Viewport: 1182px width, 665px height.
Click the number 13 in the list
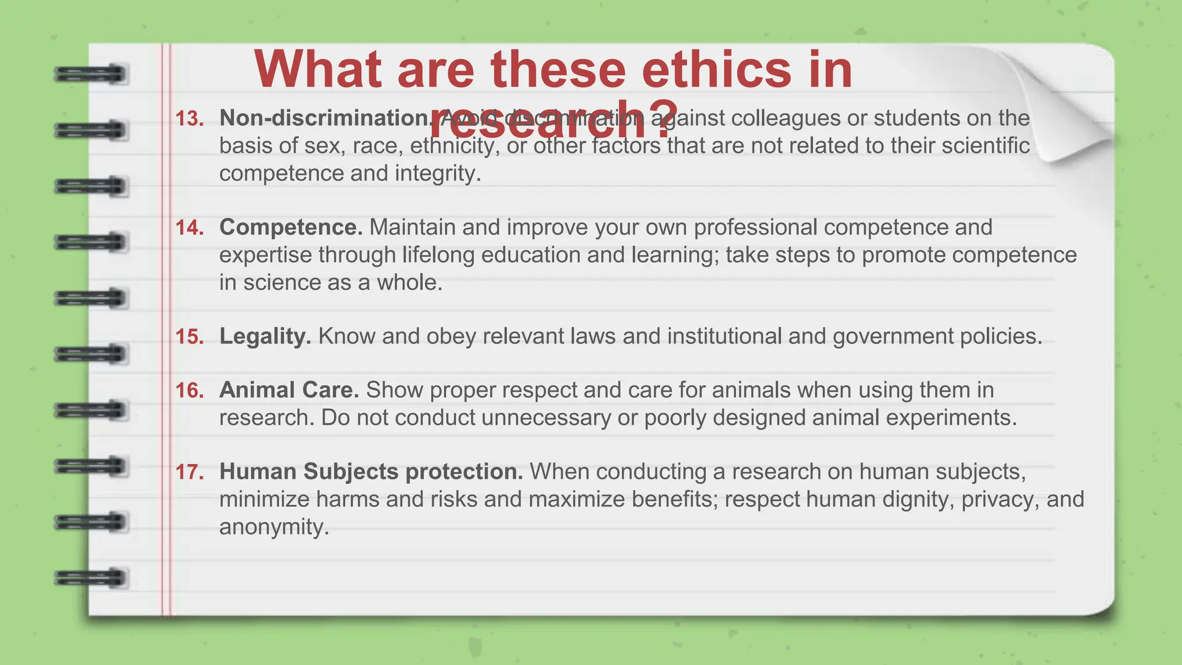pyautogui.click(x=189, y=119)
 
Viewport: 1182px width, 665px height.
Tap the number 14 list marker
pyautogui.click(x=189, y=228)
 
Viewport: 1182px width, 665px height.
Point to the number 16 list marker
pyautogui.click(x=189, y=391)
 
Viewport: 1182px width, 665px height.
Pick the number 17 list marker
pyautogui.click(x=189, y=472)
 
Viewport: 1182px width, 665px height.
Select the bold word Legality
pyautogui.click(x=265, y=337)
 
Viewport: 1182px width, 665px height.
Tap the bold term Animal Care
pyautogui.click(x=289, y=390)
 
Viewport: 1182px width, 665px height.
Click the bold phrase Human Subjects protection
pyautogui.click(x=371, y=472)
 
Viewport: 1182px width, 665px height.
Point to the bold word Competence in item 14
pyautogui.click(x=291, y=227)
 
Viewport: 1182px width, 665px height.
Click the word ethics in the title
pyautogui.click(x=716, y=69)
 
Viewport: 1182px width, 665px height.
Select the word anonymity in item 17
pyautogui.click(x=274, y=527)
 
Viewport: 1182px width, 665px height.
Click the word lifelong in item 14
pyautogui.click(x=438, y=255)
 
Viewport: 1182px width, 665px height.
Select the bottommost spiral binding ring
pyautogui.click(x=91, y=578)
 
